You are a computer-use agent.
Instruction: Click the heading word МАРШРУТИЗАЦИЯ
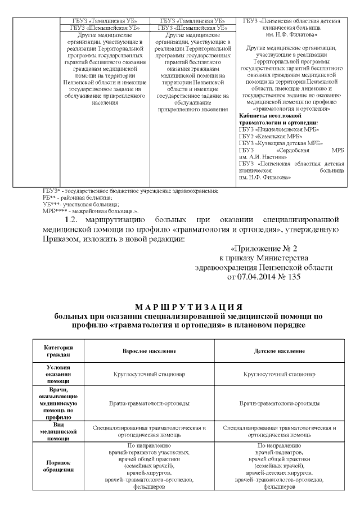180,307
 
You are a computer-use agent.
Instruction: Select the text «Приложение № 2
264,248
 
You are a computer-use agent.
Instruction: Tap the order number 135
295,277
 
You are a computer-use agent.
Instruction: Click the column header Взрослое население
149,351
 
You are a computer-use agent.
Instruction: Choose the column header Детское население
280,351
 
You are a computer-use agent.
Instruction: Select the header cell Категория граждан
58,351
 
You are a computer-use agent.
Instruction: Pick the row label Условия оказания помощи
58,373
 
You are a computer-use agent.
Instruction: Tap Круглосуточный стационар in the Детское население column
280,373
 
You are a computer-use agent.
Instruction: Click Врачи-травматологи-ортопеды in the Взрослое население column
149,403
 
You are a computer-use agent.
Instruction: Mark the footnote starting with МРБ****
90,210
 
